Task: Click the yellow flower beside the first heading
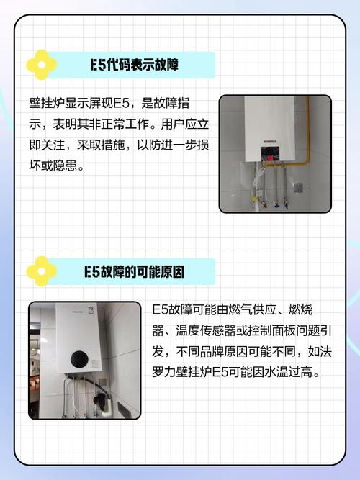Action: pos(41,65)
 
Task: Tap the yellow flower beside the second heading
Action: pos(41,271)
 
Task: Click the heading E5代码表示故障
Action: pos(135,65)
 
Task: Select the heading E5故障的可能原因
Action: pos(135,272)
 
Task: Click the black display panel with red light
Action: pos(270,155)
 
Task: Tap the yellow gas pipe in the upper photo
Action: pos(308,130)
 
